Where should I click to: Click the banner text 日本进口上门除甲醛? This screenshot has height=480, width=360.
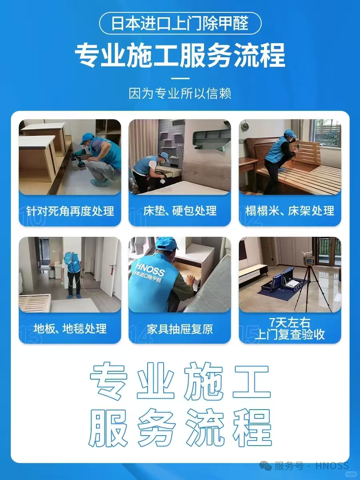point(180,23)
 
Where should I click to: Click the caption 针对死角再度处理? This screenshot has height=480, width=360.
point(70,211)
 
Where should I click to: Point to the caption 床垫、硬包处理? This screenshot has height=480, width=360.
point(180,211)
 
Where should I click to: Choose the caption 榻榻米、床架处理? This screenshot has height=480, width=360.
point(290,211)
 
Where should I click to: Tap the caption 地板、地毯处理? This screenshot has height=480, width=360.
point(70,329)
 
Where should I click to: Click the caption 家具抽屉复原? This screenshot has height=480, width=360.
point(180,329)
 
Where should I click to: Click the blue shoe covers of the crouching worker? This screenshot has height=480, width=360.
point(100,183)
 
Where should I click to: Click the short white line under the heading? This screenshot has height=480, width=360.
point(180,78)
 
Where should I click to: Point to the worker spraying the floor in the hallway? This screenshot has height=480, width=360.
point(73,272)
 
